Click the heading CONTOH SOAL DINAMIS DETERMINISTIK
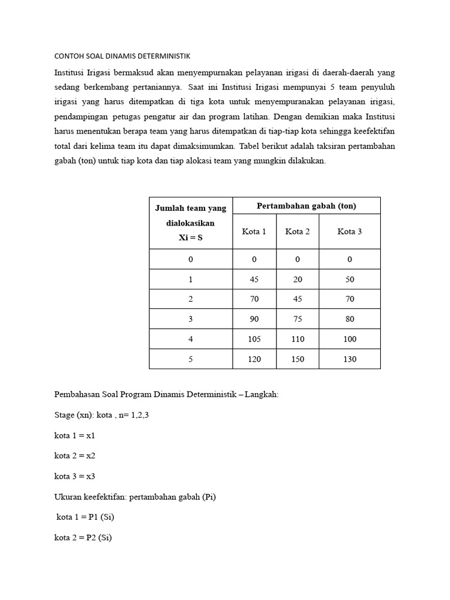[122, 56]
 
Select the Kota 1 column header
[254, 231]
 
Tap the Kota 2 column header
[298, 231]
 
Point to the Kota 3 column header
[350, 231]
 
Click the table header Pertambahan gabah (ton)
[306, 206]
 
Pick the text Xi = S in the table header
[190, 238]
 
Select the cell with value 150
[298, 359]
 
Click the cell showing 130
[350, 359]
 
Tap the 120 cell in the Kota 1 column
[254, 359]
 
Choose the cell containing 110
[298, 339]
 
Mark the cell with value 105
[254, 339]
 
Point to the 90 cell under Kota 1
[254, 319]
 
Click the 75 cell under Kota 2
[298, 319]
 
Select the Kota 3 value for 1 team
[350, 279]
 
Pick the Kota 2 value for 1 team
[298, 279]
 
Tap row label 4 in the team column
[190, 339]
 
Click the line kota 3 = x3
[74, 476]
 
